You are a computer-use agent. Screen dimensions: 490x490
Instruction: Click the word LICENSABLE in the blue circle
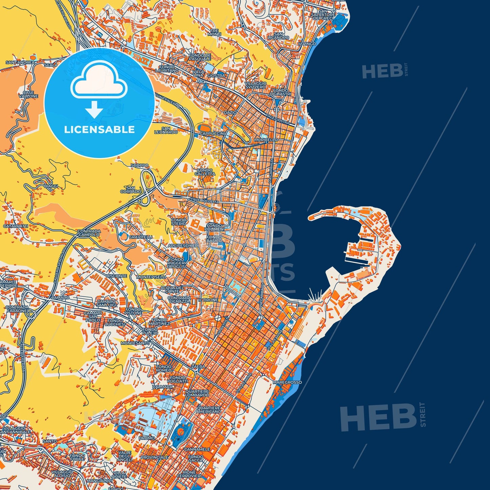(99, 130)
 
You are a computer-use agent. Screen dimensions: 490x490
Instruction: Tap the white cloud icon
(99, 81)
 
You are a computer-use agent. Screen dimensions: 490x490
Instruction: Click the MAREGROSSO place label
(287, 382)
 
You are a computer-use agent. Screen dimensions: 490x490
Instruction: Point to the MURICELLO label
(266, 140)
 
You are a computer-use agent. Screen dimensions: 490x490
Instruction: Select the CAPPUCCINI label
(212, 134)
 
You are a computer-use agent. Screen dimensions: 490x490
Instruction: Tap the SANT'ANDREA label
(20, 62)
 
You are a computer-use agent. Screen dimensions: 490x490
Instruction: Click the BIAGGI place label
(51, 186)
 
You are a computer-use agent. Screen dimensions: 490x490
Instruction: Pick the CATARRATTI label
(16, 226)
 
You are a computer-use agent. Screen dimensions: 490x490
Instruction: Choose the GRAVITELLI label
(141, 237)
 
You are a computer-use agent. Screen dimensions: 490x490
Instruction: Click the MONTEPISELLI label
(151, 277)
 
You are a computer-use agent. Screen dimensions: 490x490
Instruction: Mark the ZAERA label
(198, 367)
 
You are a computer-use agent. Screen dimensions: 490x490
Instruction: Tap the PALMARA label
(162, 387)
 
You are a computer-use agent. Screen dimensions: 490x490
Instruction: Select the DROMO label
(147, 438)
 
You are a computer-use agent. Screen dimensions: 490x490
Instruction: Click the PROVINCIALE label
(154, 457)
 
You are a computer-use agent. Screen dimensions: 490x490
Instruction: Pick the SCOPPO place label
(139, 165)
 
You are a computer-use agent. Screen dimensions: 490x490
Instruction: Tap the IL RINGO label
(307, 44)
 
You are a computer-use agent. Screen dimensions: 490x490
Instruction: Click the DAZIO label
(230, 112)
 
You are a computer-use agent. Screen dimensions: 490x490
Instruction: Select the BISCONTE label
(116, 276)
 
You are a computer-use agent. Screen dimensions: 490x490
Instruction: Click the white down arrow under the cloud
(94, 111)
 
